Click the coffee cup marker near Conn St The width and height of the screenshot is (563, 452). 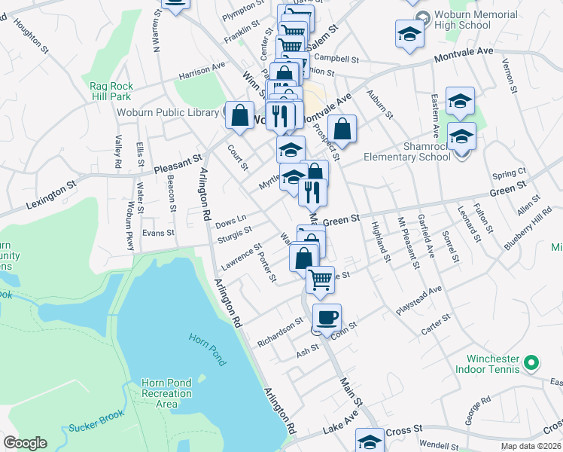click(327, 318)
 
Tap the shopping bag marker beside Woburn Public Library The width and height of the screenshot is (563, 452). click(239, 116)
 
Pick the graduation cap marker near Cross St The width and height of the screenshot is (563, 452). click(370, 441)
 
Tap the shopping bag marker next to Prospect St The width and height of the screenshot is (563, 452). click(342, 129)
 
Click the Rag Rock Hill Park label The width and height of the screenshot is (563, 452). click(111, 91)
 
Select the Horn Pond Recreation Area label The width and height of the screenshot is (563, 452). click(166, 393)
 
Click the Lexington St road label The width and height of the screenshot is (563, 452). click(52, 194)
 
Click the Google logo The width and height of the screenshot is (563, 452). click(25, 443)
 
